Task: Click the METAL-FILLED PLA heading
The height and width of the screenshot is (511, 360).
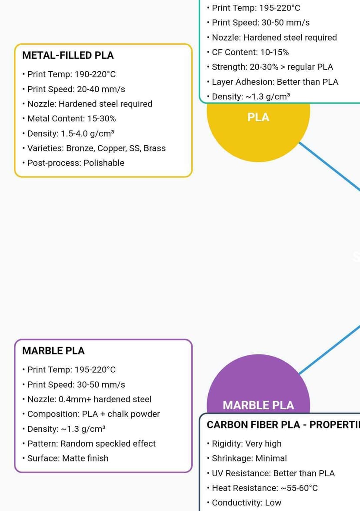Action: click(x=68, y=56)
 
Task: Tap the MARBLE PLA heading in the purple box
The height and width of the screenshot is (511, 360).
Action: click(x=53, y=351)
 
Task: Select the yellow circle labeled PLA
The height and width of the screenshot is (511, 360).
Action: click(x=258, y=130)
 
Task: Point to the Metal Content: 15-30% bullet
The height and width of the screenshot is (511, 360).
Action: click(x=71, y=119)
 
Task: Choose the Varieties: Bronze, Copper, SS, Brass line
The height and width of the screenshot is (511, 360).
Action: click(x=96, y=148)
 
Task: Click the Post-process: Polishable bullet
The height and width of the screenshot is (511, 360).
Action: click(x=76, y=163)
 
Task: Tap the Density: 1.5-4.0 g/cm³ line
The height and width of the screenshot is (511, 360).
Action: click(x=70, y=134)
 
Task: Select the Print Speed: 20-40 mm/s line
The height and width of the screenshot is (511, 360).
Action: click(x=76, y=89)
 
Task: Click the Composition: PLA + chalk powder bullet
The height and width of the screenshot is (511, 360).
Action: click(x=93, y=414)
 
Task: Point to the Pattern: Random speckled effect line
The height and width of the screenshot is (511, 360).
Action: click(x=91, y=444)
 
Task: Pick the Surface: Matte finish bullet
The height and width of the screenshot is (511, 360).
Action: click(x=68, y=458)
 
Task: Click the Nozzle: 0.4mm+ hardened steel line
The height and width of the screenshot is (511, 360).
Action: click(x=89, y=399)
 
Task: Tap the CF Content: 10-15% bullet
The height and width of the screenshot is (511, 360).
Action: click(x=250, y=52)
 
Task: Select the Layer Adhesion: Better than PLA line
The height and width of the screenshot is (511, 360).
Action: click(x=275, y=82)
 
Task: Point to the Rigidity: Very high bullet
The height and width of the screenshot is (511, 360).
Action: click(x=247, y=444)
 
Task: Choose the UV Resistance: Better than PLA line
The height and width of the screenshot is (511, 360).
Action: click(x=273, y=473)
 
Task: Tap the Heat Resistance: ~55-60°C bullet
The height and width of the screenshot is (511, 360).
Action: click(x=264, y=488)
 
